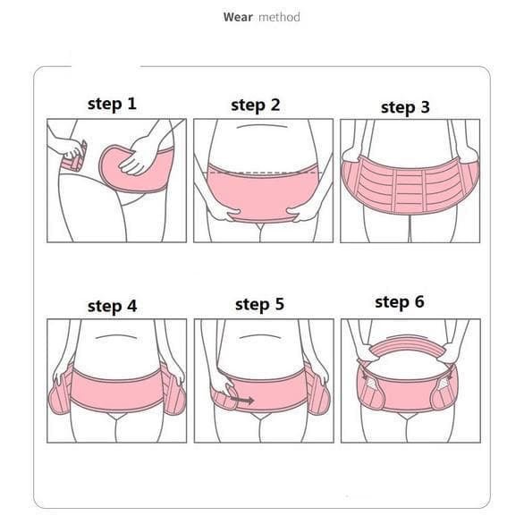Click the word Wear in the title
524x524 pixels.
coord(238,17)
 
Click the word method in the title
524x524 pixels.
coord(279,17)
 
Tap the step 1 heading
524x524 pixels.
coord(112,104)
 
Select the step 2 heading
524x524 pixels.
coord(256,106)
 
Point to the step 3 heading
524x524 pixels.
coord(405,107)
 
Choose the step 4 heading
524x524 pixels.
coord(113,306)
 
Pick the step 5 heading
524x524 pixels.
coord(259,304)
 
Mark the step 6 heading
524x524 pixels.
coord(400,302)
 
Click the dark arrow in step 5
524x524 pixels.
coord(242,400)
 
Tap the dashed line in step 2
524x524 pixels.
coord(263,173)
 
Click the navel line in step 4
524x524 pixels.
coord(116,336)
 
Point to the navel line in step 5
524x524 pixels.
coord(261,336)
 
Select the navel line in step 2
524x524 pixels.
coord(262,126)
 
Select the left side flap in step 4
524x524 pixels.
coord(61,390)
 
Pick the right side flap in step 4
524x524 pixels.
coord(173,390)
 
